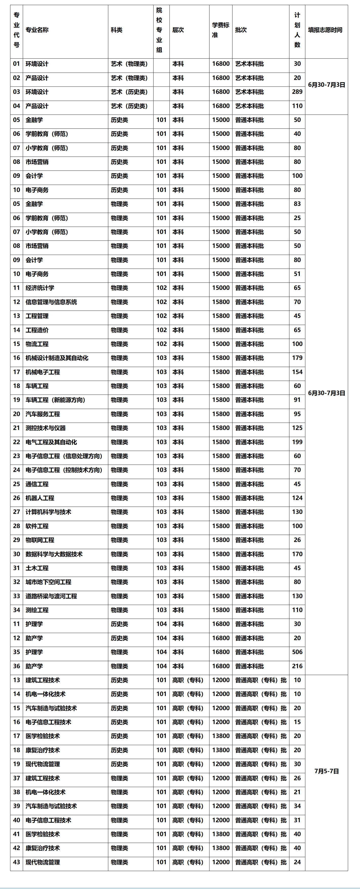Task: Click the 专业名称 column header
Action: click(x=37, y=30)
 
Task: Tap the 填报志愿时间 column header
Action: click(x=325, y=30)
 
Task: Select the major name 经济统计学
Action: click(x=40, y=288)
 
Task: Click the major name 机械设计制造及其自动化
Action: click(x=57, y=358)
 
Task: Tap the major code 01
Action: click(x=16, y=64)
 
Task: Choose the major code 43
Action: click(x=16, y=862)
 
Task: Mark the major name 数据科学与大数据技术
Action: click(x=54, y=554)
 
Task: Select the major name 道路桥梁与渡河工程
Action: click(x=51, y=596)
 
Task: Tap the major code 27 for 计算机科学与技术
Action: click(x=16, y=512)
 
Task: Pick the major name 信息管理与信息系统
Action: click(x=51, y=302)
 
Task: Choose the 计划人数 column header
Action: click(x=297, y=30)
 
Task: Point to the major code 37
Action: click(x=16, y=778)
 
